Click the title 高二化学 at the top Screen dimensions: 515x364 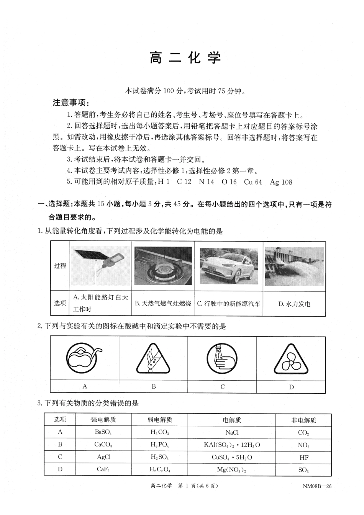tap(185, 58)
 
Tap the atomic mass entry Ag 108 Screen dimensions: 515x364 tap(281, 182)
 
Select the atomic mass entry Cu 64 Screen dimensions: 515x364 tap(253, 182)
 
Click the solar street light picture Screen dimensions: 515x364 tap(100, 266)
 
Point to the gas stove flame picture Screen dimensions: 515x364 tap(163, 266)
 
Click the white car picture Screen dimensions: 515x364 tap(228, 266)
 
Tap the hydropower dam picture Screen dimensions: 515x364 tap(294, 266)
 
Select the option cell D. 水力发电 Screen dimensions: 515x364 tap(294, 304)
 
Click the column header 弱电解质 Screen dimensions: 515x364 tap(160, 420)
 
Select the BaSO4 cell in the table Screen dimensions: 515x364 tap(103, 432)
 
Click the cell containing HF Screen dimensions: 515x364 tap(303, 458)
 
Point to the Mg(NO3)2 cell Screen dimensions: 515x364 tap(231, 470)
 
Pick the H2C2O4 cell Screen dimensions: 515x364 tap(160, 470)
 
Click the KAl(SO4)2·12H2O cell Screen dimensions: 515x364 tap(231, 445)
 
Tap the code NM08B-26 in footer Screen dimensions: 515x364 tap(316, 486)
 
